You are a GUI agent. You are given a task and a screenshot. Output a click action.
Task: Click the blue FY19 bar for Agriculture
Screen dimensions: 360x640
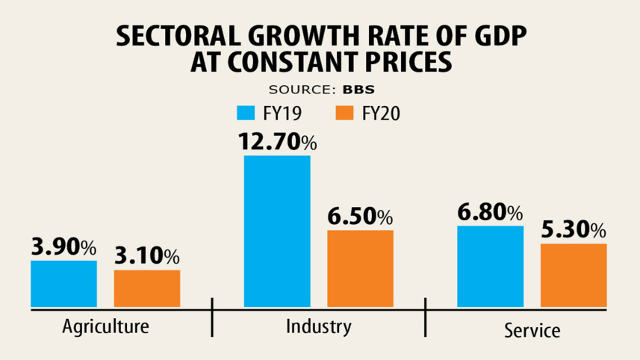(x=63, y=284)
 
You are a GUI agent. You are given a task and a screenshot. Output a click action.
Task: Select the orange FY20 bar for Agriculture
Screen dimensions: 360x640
(x=147, y=288)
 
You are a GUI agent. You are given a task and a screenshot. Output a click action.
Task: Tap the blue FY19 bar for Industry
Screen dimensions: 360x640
(x=277, y=232)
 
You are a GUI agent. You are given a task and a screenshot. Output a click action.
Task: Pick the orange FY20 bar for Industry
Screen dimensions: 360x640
(x=361, y=268)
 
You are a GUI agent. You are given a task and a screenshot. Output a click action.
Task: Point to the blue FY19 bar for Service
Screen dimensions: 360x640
(x=490, y=266)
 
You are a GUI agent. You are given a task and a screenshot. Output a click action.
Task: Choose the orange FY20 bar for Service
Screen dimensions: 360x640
(x=574, y=275)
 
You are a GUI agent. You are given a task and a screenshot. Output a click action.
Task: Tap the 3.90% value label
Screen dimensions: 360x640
(x=63, y=246)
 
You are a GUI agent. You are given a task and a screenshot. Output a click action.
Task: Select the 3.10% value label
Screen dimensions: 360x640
(x=147, y=256)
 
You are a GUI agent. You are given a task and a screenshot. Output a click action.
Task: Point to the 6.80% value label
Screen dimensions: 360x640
(x=490, y=212)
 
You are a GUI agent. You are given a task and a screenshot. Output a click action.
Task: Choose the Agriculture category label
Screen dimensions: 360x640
(x=105, y=326)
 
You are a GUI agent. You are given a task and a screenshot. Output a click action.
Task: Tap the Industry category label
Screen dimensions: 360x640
(x=318, y=326)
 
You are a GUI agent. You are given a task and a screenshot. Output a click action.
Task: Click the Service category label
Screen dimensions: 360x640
(x=531, y=329)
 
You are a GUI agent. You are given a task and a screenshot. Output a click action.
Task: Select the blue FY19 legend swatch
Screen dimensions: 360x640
(x=246, y=114)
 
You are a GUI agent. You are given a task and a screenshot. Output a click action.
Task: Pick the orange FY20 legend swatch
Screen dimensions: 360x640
(x=345, y=114)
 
